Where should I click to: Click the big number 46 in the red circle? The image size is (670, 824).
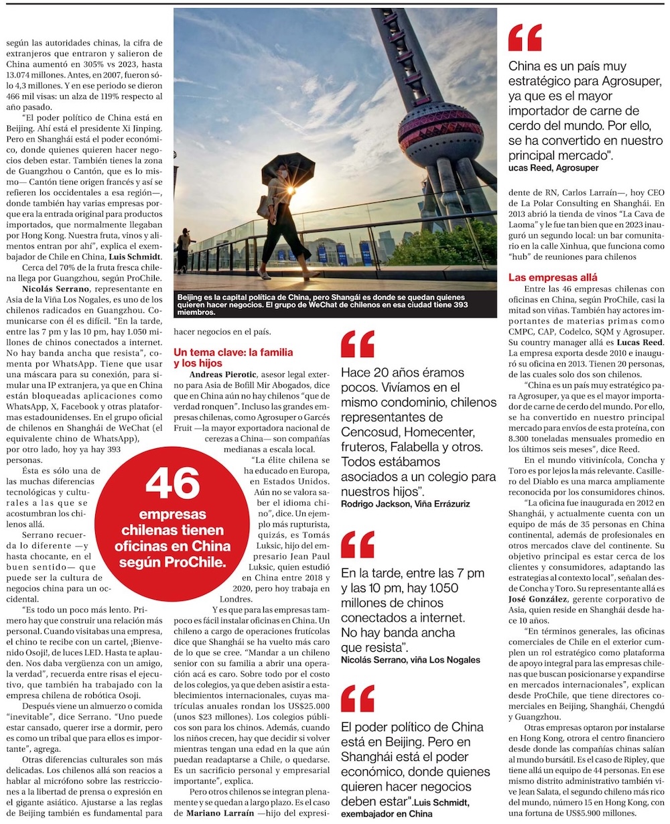(172, 484)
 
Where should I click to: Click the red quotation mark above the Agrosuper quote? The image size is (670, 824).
(526, 38)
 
